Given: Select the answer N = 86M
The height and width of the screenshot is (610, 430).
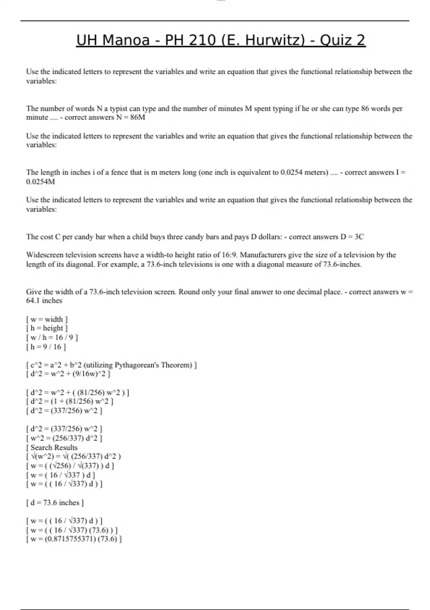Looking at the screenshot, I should click(130, 117).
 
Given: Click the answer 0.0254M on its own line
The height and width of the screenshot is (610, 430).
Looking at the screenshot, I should click(40, 182).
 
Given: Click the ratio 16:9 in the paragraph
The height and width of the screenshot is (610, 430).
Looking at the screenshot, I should click(228, 255).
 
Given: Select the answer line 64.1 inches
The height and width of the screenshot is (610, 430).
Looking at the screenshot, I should click(44, 301).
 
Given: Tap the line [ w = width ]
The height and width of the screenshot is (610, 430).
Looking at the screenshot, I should click(47, 319).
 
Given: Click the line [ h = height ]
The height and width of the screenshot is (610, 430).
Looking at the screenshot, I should click(47, 328).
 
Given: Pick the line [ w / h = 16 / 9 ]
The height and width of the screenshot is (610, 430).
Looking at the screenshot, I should click(52, 337).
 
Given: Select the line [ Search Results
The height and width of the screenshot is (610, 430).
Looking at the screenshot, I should click(52, 447).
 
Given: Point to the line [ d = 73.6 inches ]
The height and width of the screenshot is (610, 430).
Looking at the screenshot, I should click(55, 503).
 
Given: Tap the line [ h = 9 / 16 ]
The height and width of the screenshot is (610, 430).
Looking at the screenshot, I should click(46, 347).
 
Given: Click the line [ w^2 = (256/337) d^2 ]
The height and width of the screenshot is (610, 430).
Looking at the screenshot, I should click(64, 438).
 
